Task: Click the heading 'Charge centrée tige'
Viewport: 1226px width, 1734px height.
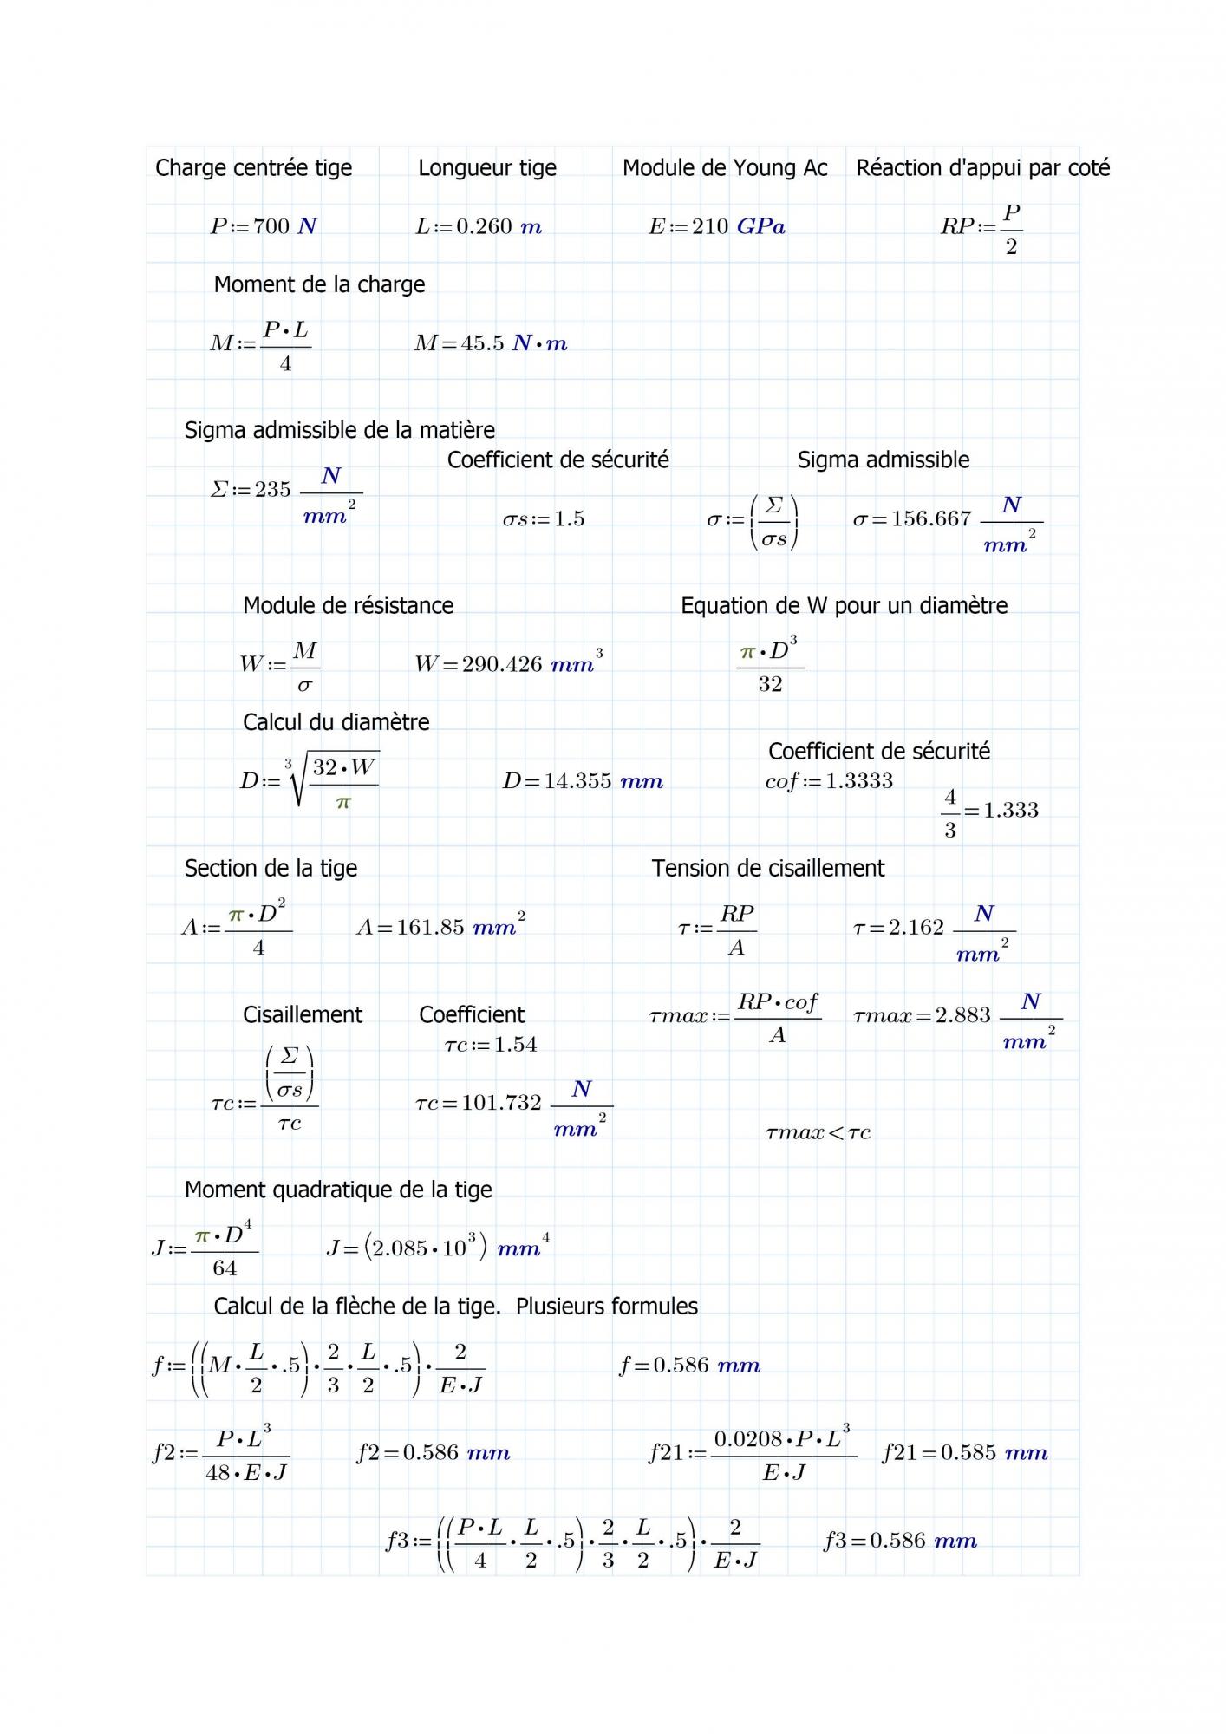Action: tap(253, 168)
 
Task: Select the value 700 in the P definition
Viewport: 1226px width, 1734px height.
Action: tap(271, 227)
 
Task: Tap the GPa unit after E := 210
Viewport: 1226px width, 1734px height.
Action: tap(760, 227)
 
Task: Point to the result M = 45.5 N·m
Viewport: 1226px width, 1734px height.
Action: tap(491, 343)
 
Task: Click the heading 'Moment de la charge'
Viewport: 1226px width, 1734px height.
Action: tap(319, 284)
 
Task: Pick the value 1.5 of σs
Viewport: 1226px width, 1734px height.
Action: tap(570, 519)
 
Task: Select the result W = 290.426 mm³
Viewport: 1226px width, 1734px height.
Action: tap(508, 664)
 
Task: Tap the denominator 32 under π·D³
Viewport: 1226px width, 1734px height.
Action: tap(770, 685)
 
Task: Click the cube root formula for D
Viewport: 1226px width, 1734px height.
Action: tap(334, 780)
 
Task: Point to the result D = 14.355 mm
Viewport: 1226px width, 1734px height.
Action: tap(583, 781)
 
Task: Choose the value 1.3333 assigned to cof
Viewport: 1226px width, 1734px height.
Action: tap(858, 781)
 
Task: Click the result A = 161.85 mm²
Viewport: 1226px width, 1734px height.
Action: tap(440, 927)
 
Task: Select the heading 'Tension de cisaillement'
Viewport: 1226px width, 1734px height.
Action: tap(768, 869)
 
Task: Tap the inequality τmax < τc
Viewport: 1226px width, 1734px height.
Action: tap(818, 1133)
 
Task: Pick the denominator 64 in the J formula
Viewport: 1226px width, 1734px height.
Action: tap(225, 1268)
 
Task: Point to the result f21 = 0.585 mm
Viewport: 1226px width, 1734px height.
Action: tap(964, 1453)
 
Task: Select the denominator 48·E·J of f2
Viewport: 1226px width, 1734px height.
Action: tap(246, 1473)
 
